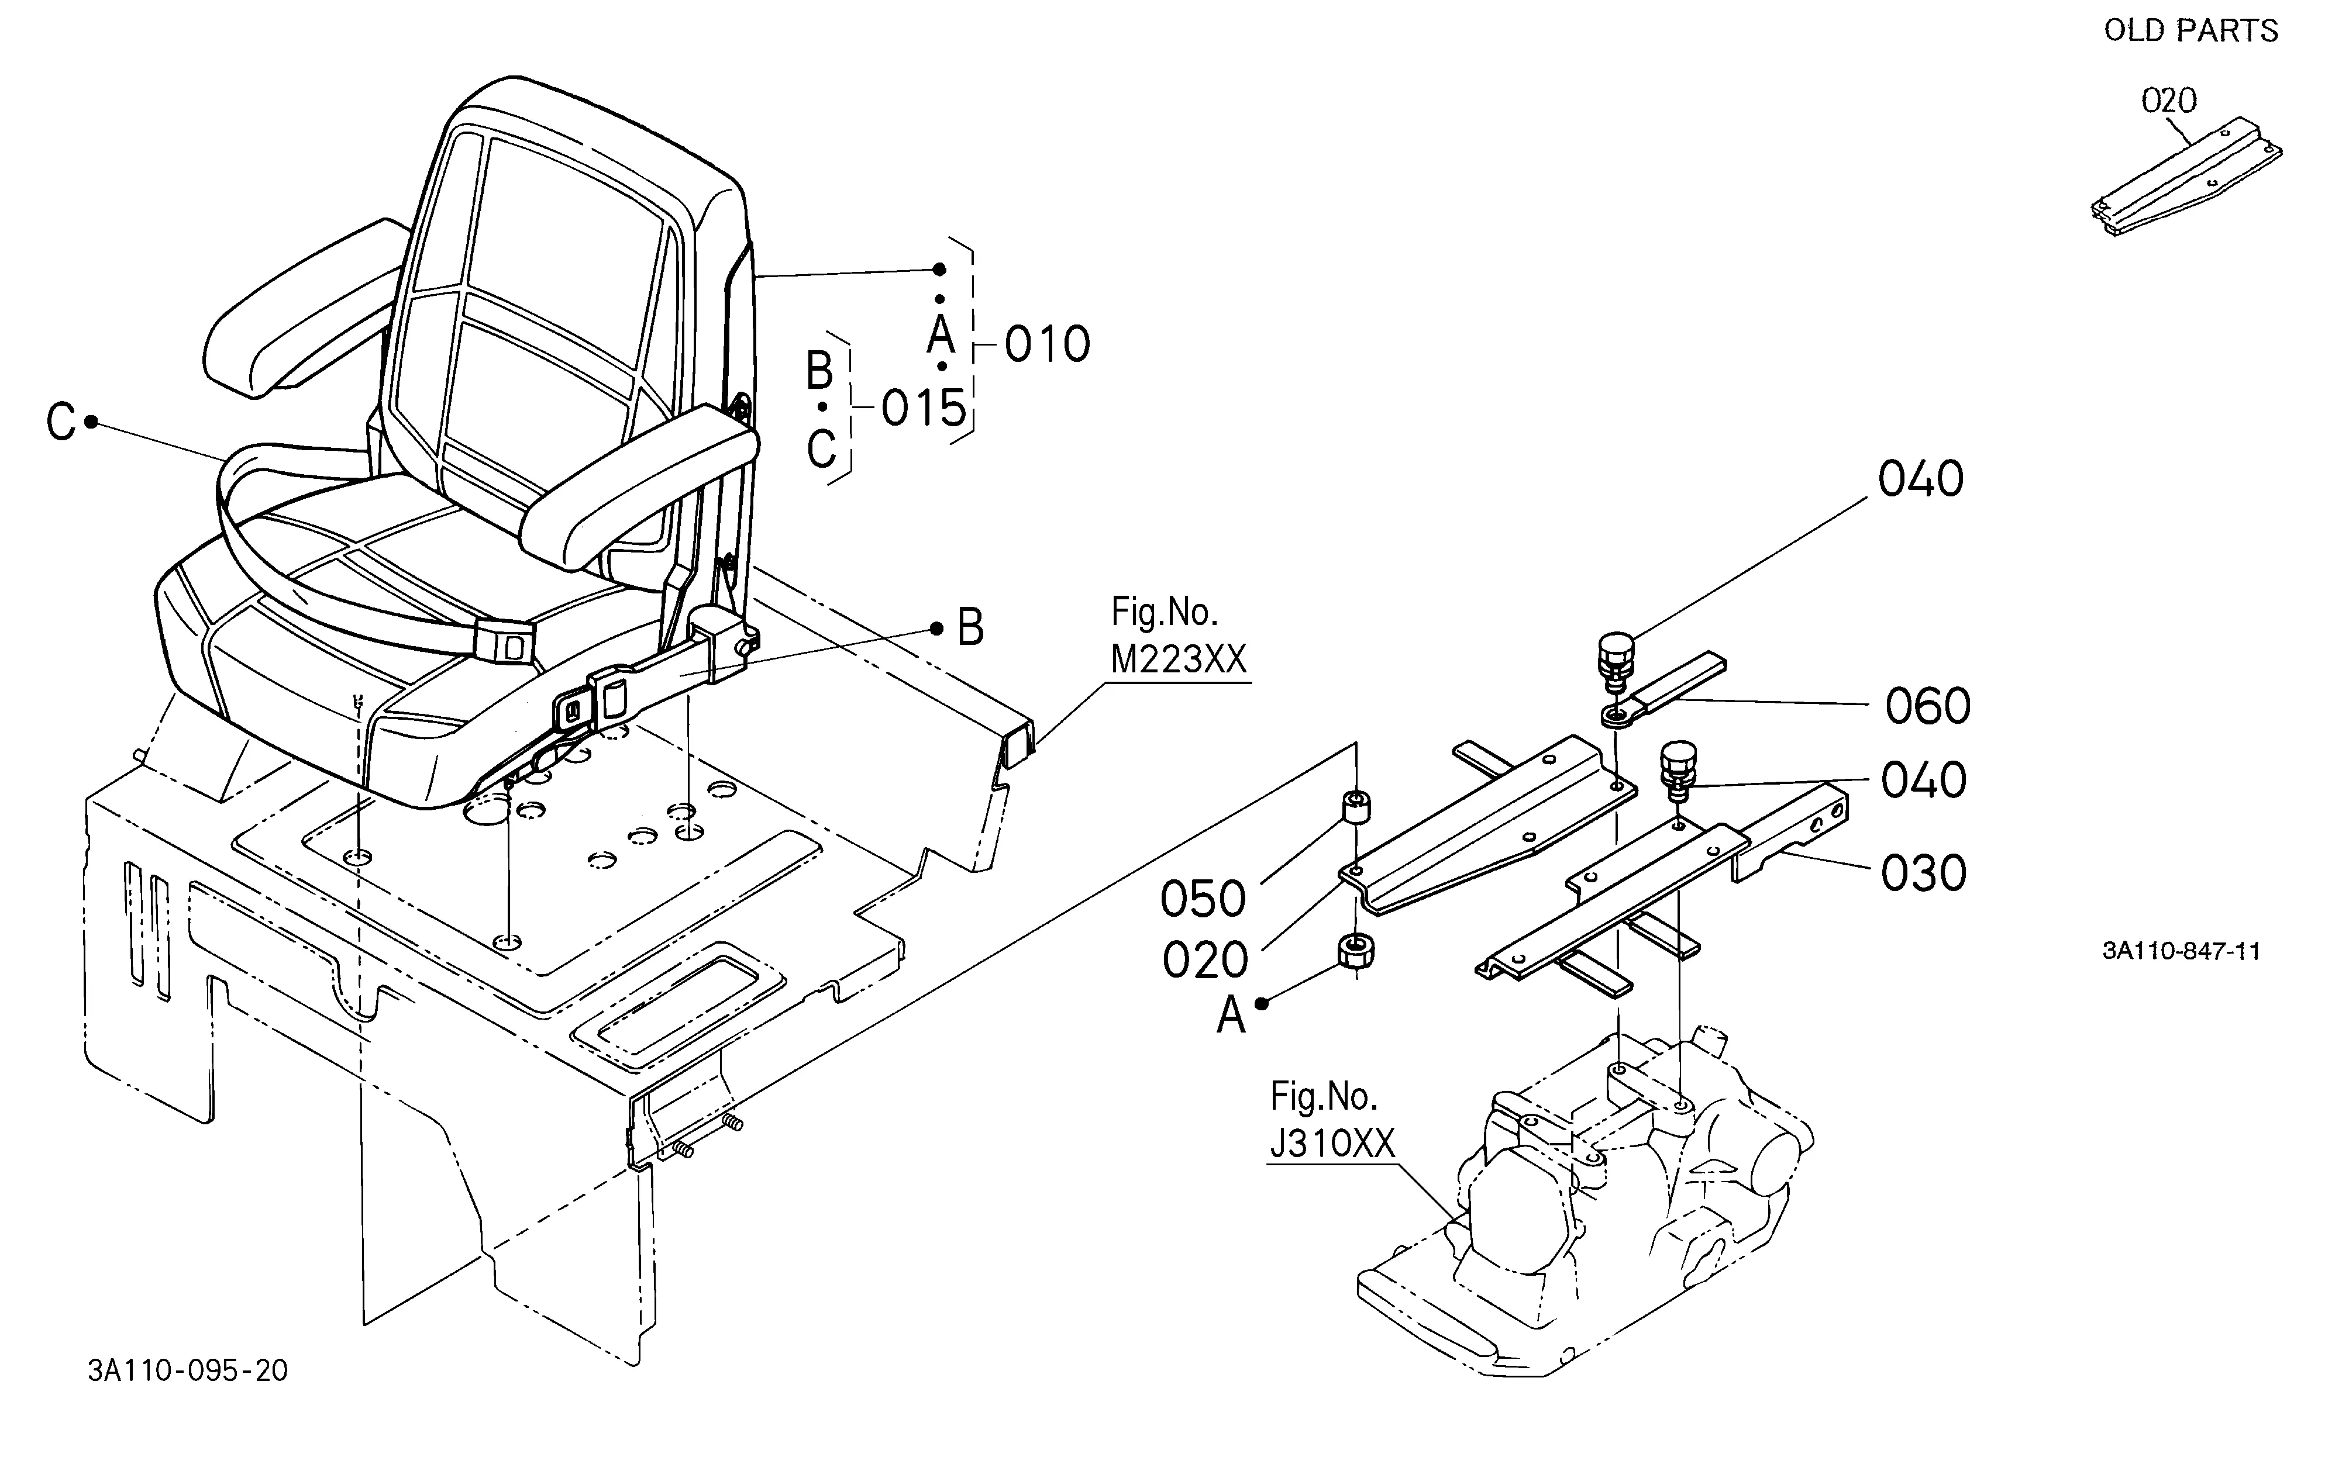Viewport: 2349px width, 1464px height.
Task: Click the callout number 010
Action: coord(1047,345)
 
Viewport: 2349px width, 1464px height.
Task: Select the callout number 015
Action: coord(924,409)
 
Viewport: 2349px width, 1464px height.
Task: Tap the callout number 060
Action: coord(1928,706)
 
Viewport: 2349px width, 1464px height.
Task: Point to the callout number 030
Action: coord(1924,873)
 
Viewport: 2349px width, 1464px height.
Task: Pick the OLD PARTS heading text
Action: coord(2191,31)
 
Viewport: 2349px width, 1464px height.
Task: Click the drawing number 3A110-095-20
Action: coord(188,1371)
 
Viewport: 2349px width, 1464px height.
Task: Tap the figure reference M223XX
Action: coord(1179,660)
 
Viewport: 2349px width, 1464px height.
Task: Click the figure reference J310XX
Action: coord(1332,1144)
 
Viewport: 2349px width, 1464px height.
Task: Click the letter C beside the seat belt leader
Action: coord(61,423)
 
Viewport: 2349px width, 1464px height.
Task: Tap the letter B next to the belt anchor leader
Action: coord(970,627)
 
